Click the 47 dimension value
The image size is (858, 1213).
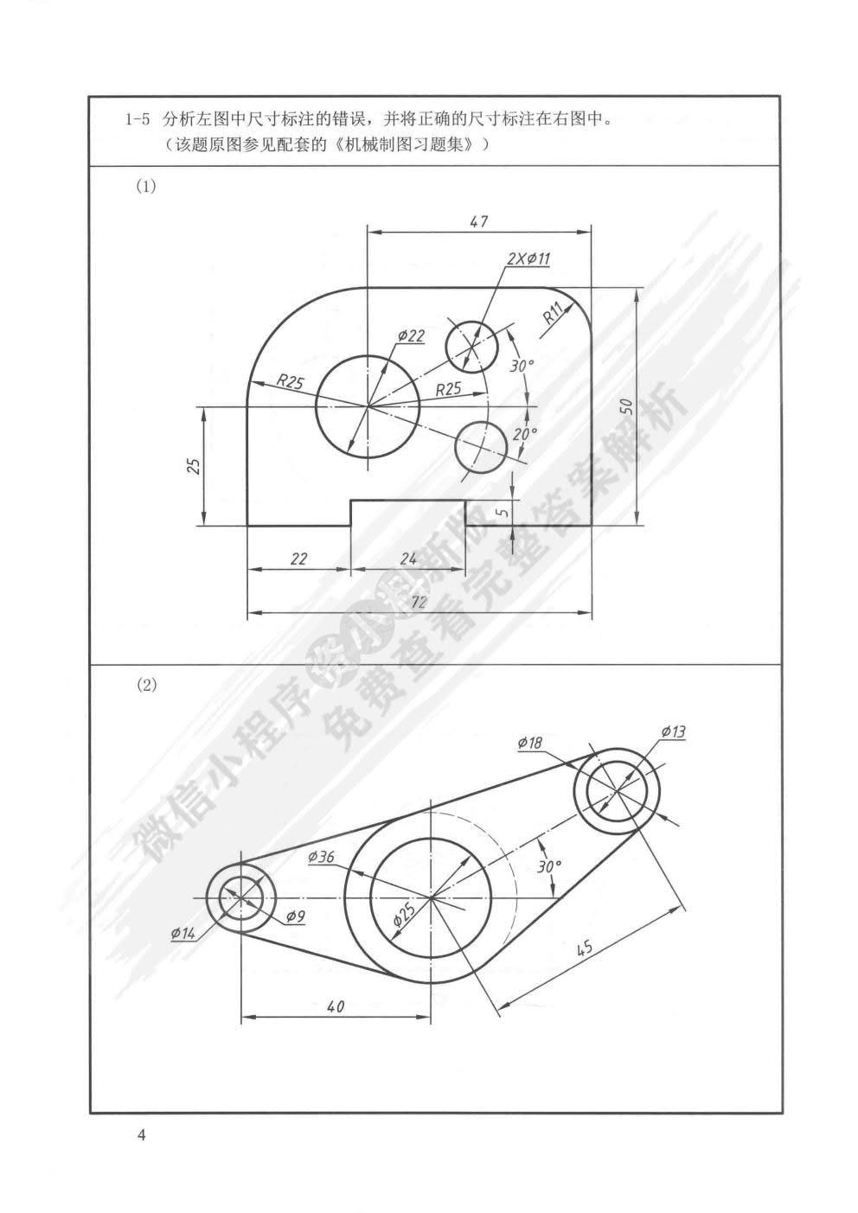(478, 221)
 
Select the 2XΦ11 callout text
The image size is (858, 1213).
(528, 259)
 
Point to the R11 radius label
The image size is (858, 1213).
(554, 314)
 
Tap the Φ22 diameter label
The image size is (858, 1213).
(411, 336)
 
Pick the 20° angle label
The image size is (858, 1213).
(525, 434)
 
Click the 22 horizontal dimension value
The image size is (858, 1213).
(298, 558)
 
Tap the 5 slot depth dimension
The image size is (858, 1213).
(503, 512)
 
